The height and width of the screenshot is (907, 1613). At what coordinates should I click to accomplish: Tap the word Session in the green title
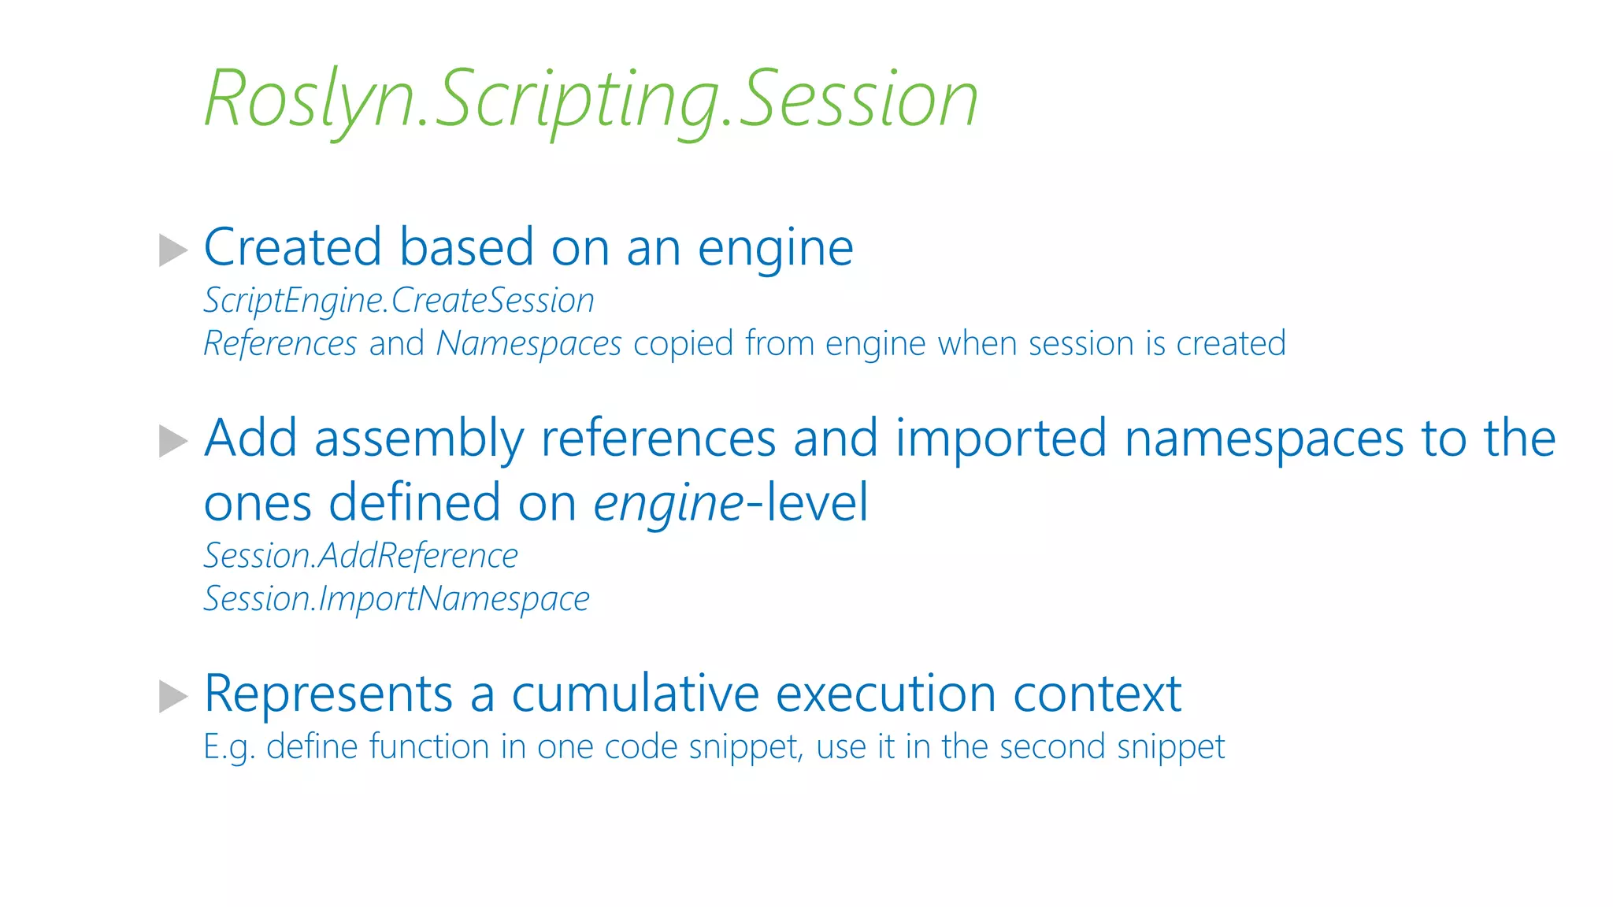858,99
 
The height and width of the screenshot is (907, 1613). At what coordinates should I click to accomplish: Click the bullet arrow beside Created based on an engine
172,250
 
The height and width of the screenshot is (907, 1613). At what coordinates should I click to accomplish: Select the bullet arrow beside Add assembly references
172,441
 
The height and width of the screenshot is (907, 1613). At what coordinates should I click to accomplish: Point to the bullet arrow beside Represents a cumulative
172,696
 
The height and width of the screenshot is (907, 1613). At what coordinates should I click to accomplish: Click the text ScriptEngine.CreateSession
399,301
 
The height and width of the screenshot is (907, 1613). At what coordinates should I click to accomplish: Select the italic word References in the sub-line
280,344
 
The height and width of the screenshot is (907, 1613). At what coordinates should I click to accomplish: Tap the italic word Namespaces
528,344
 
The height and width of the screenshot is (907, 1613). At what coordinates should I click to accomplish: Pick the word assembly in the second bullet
418,439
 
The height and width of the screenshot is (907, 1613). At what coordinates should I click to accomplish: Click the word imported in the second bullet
1001,439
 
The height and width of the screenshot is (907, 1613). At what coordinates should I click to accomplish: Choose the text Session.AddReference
361,556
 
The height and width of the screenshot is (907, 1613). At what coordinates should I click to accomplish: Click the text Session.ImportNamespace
396,599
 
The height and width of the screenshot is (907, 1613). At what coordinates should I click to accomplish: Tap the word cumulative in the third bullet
635,694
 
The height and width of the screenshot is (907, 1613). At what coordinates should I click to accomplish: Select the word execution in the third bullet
886,694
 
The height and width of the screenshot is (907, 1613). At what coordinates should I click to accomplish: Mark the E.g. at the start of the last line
228,747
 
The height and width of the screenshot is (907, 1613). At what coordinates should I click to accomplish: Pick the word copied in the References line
683,344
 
